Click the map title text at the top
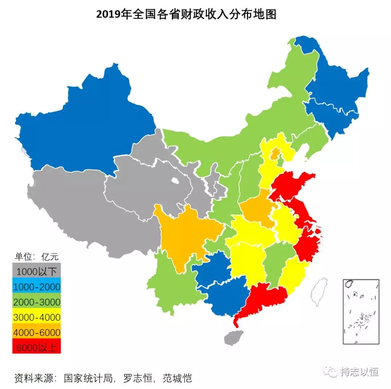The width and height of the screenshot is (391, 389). tap(186, 14)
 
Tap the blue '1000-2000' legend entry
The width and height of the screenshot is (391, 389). tap(36, 287)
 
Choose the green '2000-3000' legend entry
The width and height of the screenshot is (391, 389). tap(36, 302)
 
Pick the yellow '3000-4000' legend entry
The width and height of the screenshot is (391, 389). tap(36, 317)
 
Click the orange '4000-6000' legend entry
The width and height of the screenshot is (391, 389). tap(36, 332)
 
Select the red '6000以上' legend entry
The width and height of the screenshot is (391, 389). tap(36, 347)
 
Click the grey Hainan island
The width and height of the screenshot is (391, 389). tap(233, 338)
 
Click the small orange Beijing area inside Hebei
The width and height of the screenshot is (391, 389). tap(276, 154)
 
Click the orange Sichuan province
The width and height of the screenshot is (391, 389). tap(185, 235)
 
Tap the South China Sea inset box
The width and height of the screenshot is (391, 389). tap(361, 311)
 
